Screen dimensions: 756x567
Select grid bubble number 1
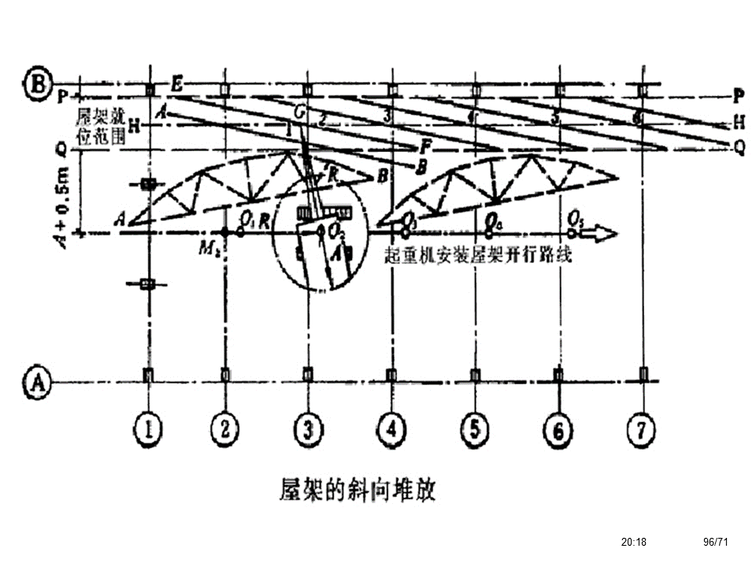147,429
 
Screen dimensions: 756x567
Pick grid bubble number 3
307,429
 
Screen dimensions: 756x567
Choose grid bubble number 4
391,429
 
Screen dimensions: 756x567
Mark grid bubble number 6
558,429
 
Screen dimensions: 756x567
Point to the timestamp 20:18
633,542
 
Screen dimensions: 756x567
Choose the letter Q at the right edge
739,147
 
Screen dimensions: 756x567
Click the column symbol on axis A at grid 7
643,373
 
